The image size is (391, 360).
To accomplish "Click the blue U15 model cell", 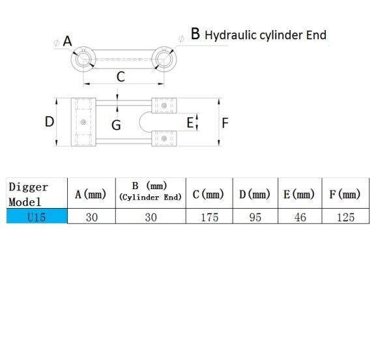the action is pyautogui.click(x=37, y=216).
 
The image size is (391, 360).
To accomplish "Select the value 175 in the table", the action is pyautogui.click(x=209, y=217).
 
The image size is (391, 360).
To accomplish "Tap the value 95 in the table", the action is pyautogui.click(x=255, y=217).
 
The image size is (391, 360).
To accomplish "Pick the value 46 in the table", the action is pyautogui.click(x=300, y=217).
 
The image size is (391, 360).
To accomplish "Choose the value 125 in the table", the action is pyautogui.click(x=345, y=217).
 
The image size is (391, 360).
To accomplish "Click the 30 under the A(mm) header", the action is pyautogui.click(x=92, y=217).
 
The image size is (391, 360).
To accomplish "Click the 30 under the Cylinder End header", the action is pyautogui.click(x=151, y=217).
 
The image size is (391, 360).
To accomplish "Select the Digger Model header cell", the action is pyautogui.click(x=37, y=193).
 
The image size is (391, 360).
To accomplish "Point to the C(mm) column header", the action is pyautogui.click(x=209, y=194).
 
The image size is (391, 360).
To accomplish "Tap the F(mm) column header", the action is pyautogui.click(x=345, y=194).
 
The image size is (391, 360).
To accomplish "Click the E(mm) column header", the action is pyautogui.click(x=299, y=194).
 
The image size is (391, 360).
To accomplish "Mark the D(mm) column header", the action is pyautogui.click(x=255, y=194).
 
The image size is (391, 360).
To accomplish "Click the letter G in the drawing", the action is pyautogui.click(x=116, y=125).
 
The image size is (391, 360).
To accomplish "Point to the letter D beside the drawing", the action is pyautogui.click(x=50, y=122).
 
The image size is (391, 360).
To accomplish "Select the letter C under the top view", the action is pyautogui.click(x=121, y=76).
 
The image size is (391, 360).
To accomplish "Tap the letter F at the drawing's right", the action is pyautogui.click(x=225, y=123).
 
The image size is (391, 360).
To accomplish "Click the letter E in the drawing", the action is pyautogui.click(x=190, y=123).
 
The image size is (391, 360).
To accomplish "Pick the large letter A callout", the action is pyautogui.click(x=67, y=41).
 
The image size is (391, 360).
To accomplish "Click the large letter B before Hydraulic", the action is pyautogui.click(x=195, y=34).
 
